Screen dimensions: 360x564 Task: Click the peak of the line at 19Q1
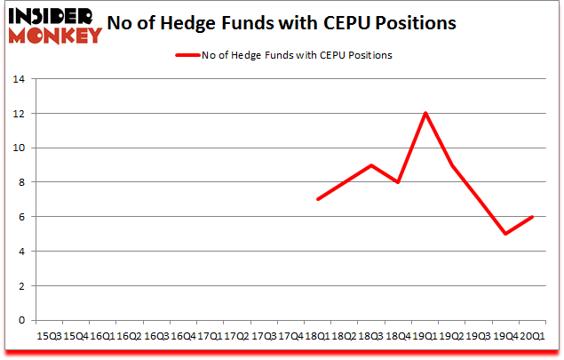(x=425, y=113)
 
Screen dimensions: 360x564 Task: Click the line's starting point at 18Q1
(x=317, y=199)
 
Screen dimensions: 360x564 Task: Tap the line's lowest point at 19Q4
(x=505, y=234)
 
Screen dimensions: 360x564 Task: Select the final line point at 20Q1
(x=532, y=217)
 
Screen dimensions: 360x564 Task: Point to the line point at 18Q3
(x=371, y=165)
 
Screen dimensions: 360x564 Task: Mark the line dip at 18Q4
(x=398, y=182)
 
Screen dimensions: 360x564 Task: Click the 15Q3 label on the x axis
(x=48, y=336)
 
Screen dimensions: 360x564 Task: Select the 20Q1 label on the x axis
(x=532, y=336)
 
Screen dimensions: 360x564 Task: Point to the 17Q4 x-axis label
(x=290, y=336)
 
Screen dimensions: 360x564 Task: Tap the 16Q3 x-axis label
(x=155, y=336)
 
